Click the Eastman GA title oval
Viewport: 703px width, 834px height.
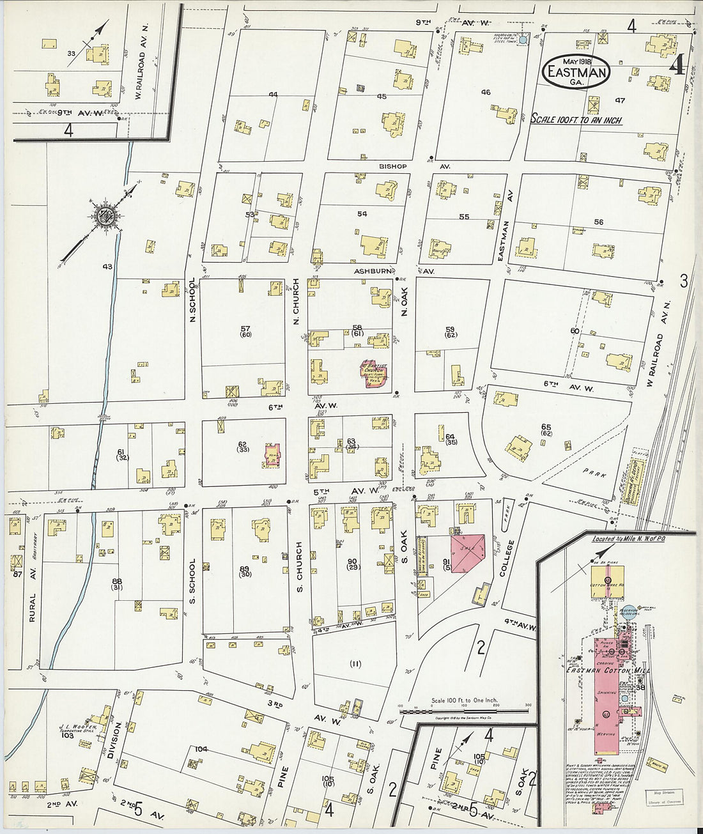[575, 72]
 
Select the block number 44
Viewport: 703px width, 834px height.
[273, 95]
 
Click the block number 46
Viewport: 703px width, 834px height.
[486, 93]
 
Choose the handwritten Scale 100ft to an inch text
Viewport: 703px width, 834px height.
[576, 120]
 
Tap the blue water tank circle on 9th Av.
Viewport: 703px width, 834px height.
[523, 40]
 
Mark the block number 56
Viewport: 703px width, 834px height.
[598, 222]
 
